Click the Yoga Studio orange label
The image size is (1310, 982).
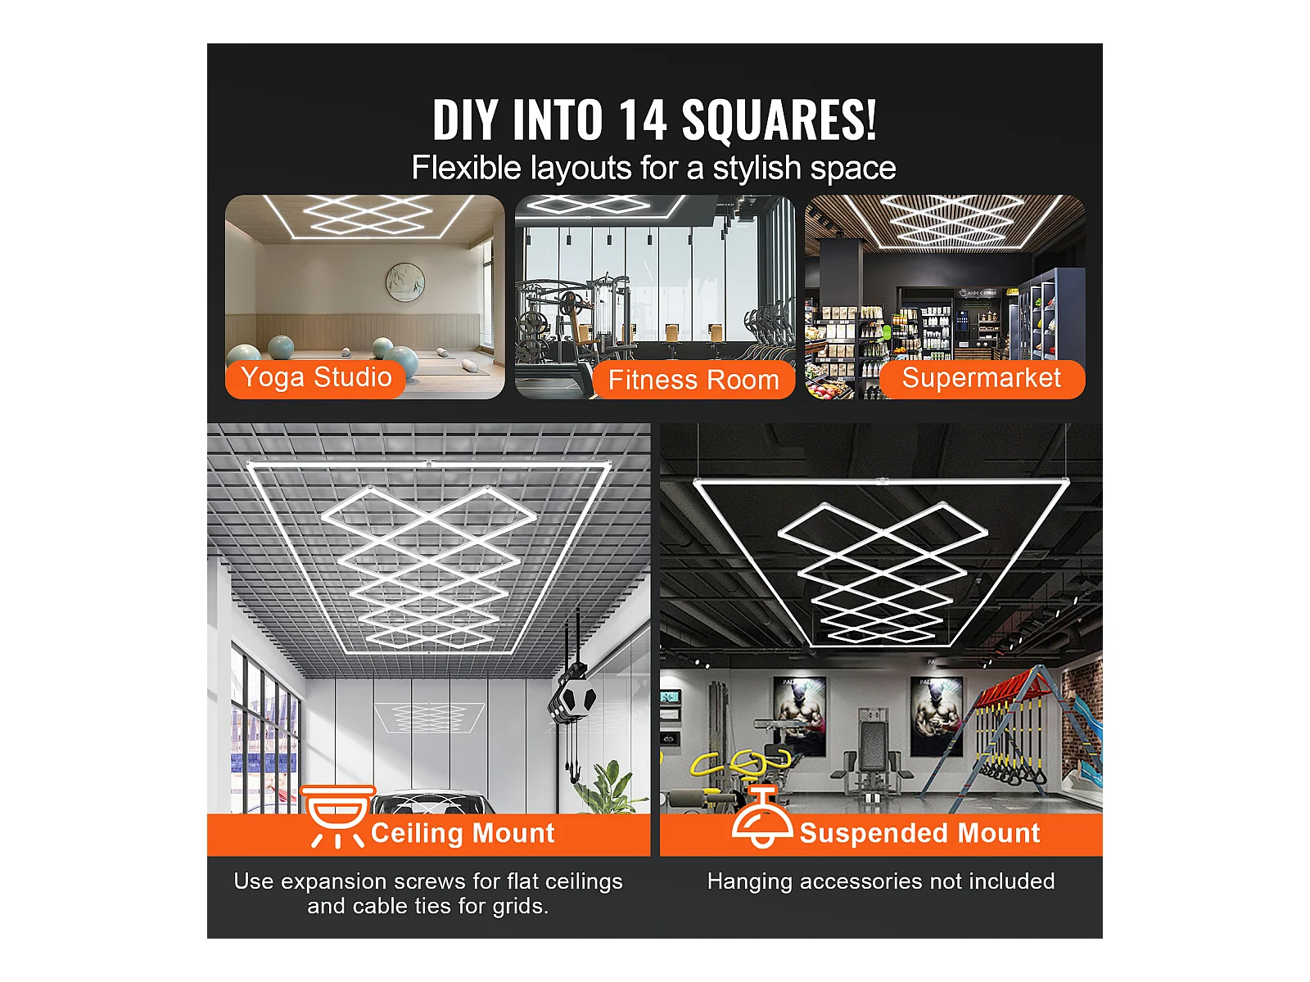point(316,378)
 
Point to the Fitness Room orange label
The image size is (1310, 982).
point(693,380)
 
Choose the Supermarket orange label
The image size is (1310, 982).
point(982,379)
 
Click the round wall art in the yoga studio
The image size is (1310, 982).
point(405,282)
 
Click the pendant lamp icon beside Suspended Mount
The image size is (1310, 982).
point(762,817)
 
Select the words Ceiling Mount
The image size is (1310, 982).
point(463,833)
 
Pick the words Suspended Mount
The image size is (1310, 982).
point(919,833)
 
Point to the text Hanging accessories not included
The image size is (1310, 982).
point(881,881)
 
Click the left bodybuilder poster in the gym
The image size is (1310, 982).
point(800,715)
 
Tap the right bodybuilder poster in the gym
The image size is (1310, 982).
point(937,715)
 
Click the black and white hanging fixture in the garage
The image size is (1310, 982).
point(571,697)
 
